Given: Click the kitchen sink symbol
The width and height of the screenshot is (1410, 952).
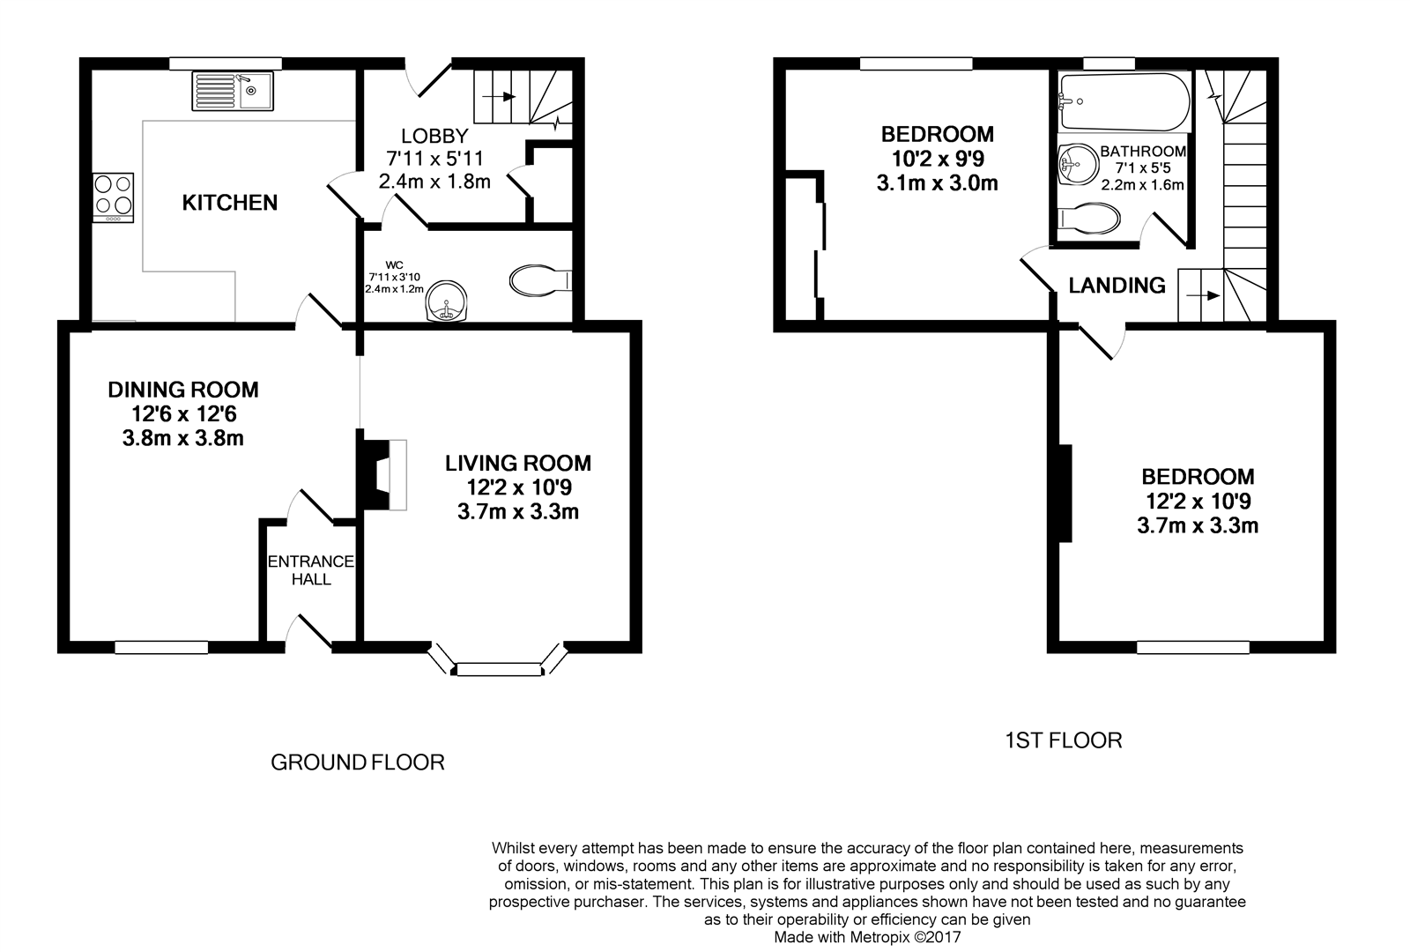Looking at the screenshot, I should (234, 91).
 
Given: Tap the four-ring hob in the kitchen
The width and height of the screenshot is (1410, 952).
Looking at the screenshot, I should (114, 197).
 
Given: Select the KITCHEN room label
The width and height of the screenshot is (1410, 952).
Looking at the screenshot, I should (230, 204).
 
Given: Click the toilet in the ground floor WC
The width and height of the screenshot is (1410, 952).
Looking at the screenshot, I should (540, 280).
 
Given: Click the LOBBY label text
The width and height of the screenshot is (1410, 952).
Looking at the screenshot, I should (434, 137).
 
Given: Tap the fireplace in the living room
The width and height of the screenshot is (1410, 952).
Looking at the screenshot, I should (382, 474).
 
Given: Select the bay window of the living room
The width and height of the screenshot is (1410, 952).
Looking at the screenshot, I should (498, 669).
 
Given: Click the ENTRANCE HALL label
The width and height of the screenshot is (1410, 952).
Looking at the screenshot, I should (311, 570).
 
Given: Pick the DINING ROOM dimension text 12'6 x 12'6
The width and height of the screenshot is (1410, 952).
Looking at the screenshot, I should (183, 413).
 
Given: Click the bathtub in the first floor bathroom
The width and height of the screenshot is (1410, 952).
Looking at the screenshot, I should (1124, 101).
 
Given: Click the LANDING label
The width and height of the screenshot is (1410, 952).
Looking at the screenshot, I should (1117, 286).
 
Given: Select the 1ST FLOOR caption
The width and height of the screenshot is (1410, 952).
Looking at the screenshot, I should (1064, 740).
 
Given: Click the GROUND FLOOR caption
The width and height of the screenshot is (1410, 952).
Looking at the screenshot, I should (357, 762).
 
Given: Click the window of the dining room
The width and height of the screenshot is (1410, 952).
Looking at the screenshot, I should (161, 648).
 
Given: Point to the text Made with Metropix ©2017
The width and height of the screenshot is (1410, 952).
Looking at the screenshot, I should (867, 938).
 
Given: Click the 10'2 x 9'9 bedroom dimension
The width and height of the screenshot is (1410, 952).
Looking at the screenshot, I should (938, 160).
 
